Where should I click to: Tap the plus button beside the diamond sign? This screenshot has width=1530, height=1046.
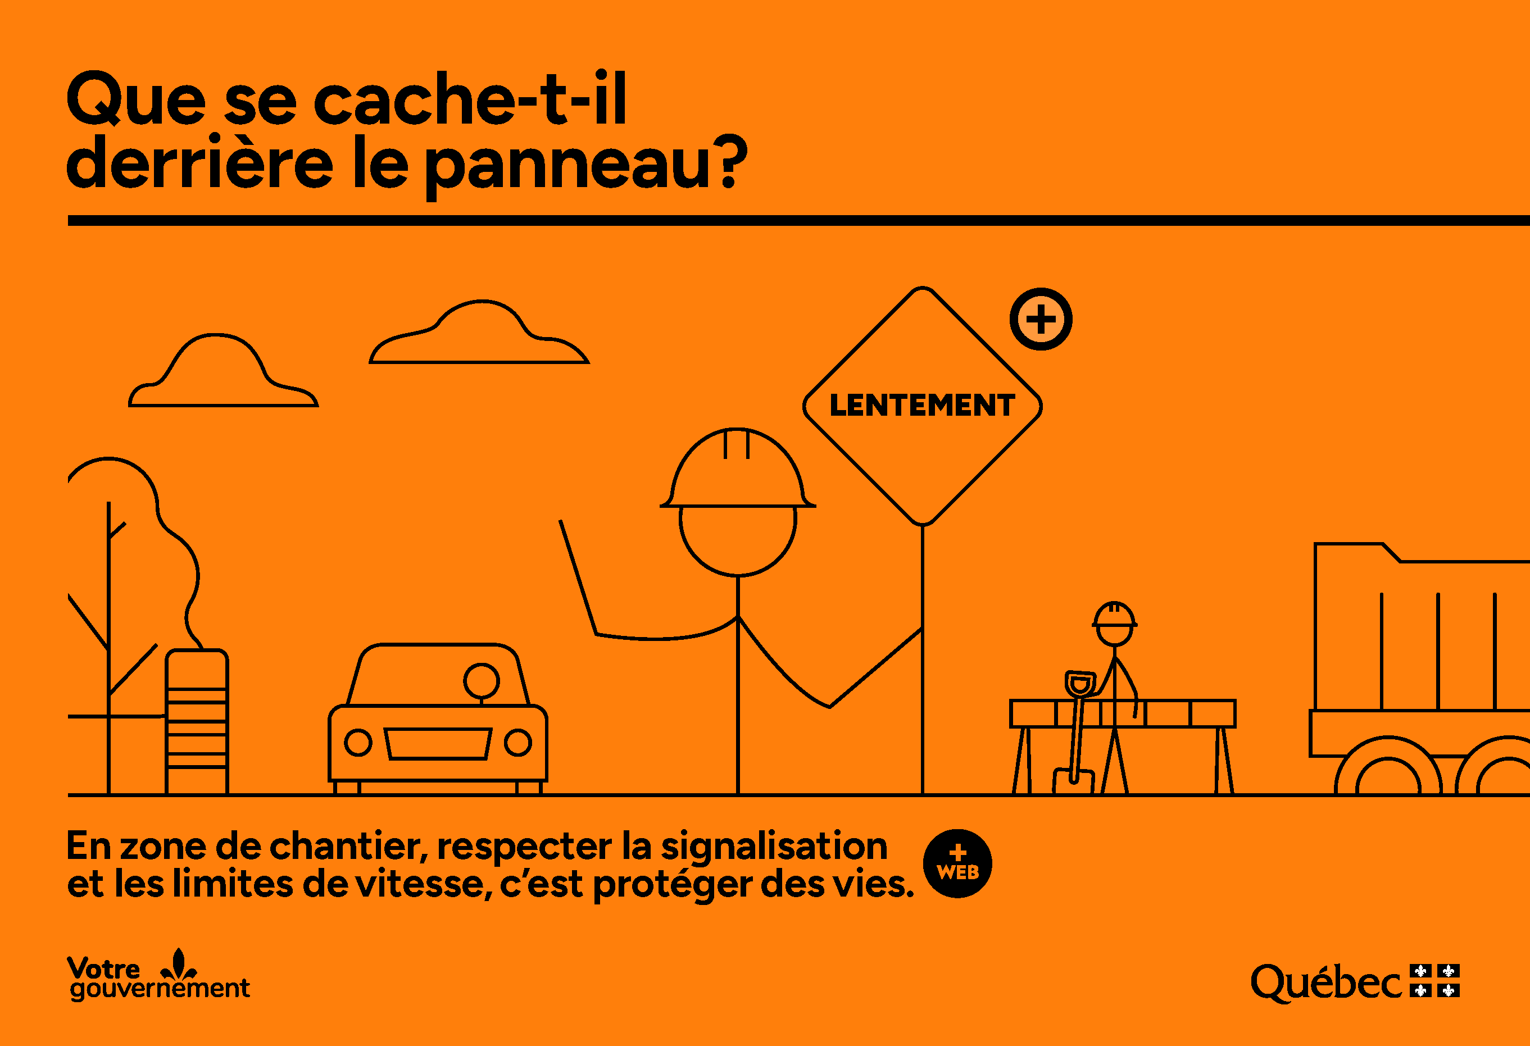pyautogui.click(x=1041, y=319)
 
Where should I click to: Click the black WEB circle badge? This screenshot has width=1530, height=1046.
pyautogui.click(x=957, y=863)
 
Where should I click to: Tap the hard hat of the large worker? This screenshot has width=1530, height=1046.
pyautogui.click(x=737, y=471)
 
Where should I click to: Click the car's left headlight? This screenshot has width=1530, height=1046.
pyautogui.click(x=358, y=743)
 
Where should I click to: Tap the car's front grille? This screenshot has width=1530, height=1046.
pyautogui.click(x=438, y=743)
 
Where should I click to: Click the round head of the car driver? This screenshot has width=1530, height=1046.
pyautogui.click(x=482, y=681)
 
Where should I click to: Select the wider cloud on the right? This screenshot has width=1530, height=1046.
pyautogui.click(x=479, y=336)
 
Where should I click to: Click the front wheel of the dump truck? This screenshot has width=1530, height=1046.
pyautogui.click(x=1388, y=774)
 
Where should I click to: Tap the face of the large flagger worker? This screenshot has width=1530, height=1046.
pyautogui.click(x=737, y=540)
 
